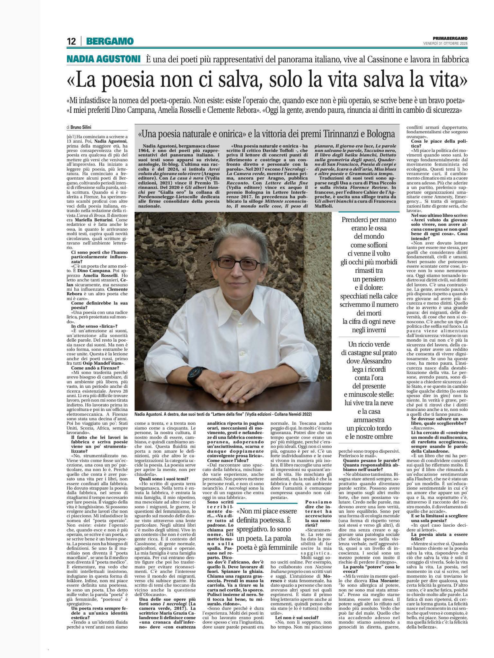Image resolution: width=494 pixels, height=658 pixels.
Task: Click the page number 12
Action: pos(71,41)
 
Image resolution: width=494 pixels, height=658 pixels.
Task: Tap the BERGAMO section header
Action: pos(110,41)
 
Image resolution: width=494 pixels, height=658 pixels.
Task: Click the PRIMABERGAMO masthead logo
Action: pos(450,38)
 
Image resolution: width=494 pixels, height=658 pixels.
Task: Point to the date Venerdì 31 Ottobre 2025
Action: pos(445,43)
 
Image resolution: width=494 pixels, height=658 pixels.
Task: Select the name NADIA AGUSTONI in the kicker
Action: pos(103,59)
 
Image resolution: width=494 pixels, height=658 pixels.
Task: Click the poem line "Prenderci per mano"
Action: pos(369,220)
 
